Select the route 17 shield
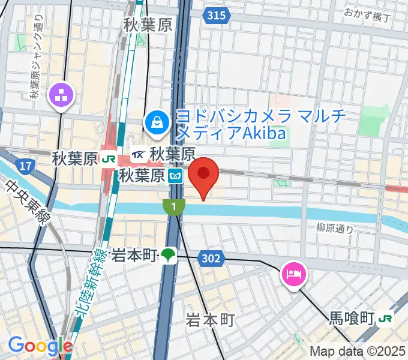[24, 165]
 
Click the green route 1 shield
[173, 207]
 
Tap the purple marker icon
[62, 94]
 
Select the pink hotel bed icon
[294, 274]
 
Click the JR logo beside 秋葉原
[109, 159]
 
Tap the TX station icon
[137, 154]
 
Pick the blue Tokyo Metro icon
[175, 176]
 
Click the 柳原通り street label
[335, 227]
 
